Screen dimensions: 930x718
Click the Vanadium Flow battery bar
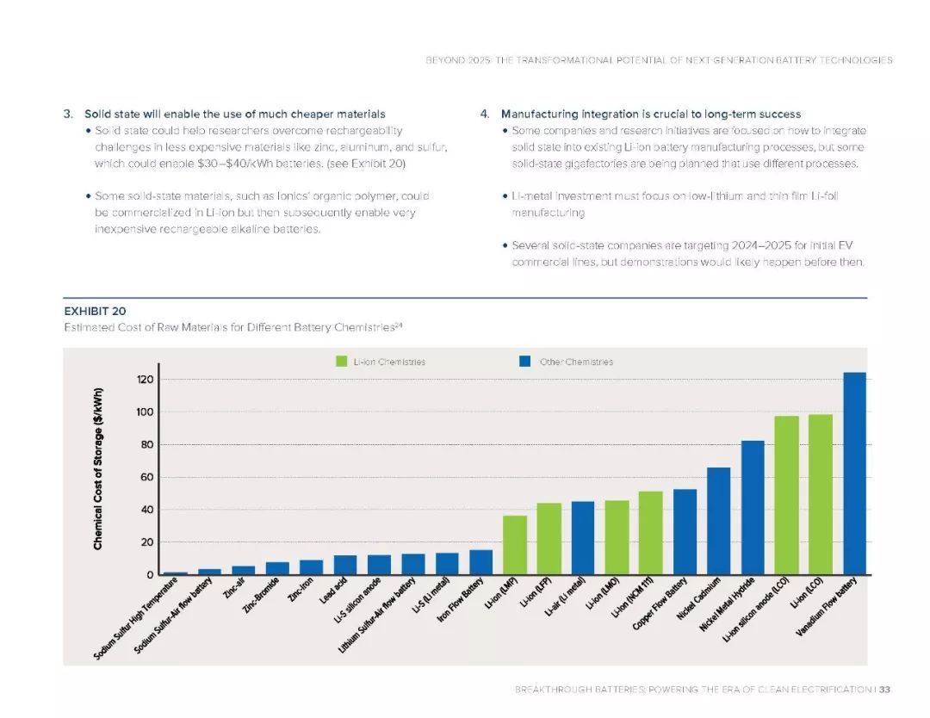point(854,474)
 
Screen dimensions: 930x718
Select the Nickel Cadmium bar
point(718,521)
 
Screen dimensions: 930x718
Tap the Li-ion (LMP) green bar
point(514,545)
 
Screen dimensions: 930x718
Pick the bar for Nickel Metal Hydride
point(753,508)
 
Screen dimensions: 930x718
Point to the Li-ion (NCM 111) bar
point(651,533)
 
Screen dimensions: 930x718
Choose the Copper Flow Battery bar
point(685,532)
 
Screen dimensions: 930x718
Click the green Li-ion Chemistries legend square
point(341,361)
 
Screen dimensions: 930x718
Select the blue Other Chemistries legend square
point(525,361)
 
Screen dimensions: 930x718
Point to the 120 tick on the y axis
point(146,380)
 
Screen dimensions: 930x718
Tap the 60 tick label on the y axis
point(147,477)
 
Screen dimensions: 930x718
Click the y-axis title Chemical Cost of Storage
point(98,468)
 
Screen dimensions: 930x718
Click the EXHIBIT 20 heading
point(95,312)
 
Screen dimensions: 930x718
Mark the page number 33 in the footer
point(884,689)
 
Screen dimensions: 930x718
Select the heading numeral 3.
point(68,114)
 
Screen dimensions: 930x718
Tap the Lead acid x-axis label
point(333,591)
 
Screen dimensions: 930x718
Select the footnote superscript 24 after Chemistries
point(399,325)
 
